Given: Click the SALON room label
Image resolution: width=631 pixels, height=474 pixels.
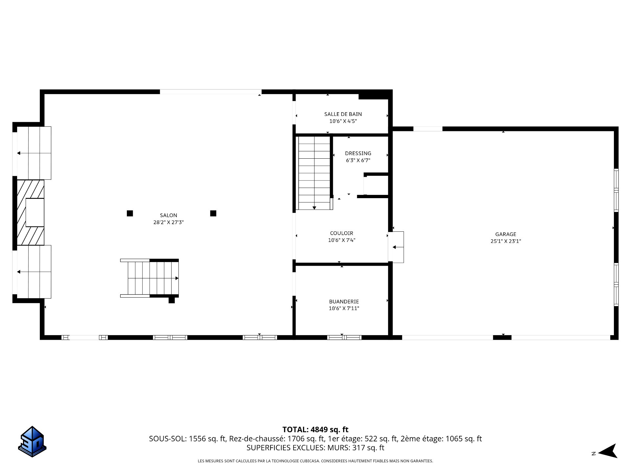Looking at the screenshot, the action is coord(169,215).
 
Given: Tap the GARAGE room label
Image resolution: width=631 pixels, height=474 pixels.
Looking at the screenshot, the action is coord(506,234).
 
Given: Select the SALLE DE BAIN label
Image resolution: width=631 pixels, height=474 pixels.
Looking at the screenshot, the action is coord(343,114).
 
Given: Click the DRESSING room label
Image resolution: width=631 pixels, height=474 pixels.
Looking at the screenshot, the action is coord(358,153).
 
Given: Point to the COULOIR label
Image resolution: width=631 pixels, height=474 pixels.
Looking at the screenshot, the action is coord(342,233).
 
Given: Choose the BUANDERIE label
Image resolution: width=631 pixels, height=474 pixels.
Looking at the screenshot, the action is coord(344,302).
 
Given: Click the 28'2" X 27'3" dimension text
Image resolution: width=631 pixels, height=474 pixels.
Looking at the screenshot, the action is coord(169,223).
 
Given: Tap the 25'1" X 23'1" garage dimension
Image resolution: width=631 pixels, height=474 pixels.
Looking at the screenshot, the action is coord(506,241).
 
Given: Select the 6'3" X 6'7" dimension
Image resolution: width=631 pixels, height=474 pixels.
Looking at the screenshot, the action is coord(358,161).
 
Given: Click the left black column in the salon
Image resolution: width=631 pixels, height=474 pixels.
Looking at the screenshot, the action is coord(130,213).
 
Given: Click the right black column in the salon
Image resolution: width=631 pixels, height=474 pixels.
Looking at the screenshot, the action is coord(213,213).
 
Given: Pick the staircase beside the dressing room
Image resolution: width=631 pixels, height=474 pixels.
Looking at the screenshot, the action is coord(314,173).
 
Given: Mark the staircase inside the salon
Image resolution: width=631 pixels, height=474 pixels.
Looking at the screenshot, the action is coord(150,278).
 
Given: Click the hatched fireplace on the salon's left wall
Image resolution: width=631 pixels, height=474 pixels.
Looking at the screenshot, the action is coord(31,212).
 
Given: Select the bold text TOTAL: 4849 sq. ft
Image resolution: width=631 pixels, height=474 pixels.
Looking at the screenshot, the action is coord(315,430).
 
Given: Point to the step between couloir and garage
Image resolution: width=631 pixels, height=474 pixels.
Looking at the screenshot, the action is coord(396,247).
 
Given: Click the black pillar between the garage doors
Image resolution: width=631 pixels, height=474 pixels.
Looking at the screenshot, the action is coord(502,337).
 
